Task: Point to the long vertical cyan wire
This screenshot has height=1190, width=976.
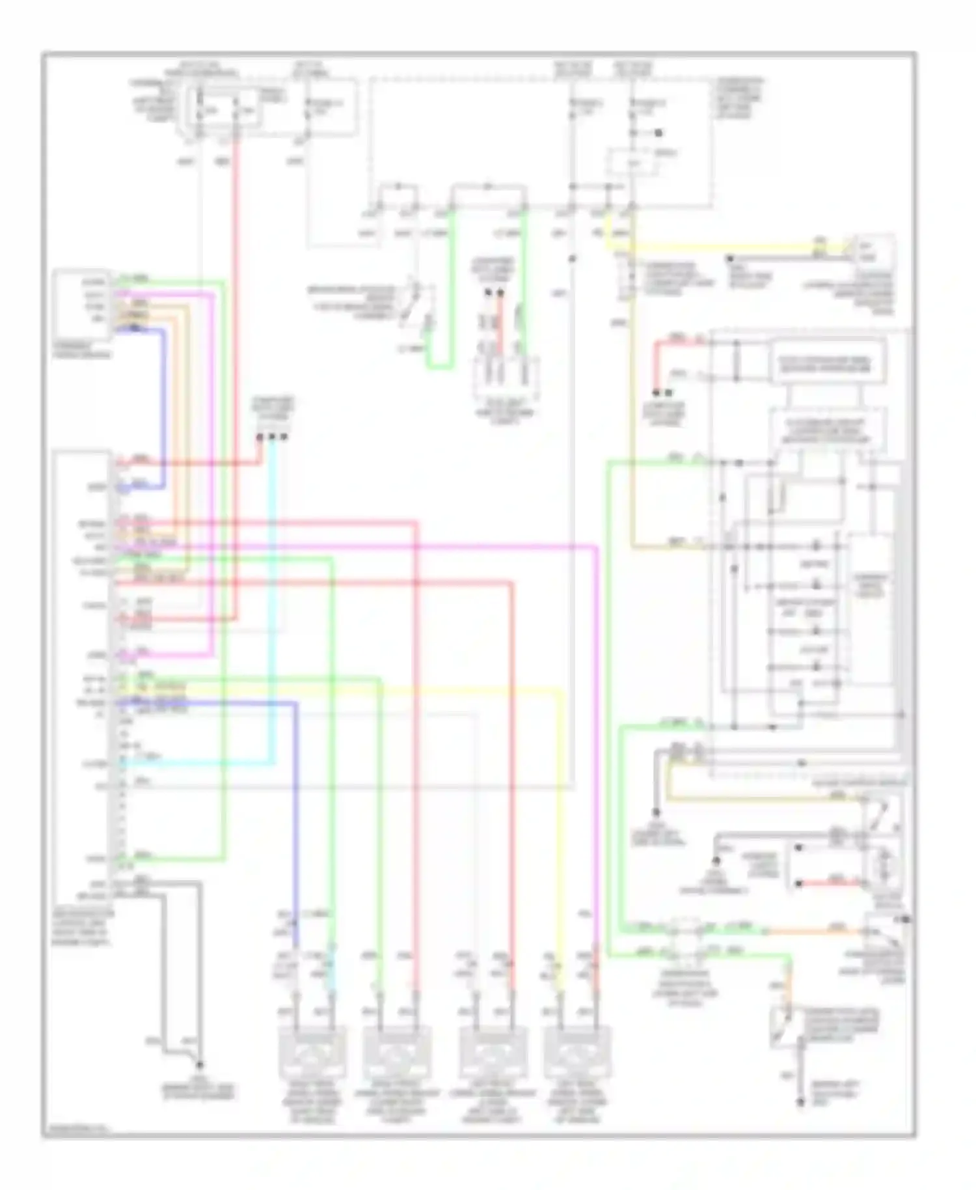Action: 272,599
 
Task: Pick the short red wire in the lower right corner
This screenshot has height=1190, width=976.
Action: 830,883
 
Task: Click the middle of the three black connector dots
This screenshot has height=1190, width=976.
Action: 272,437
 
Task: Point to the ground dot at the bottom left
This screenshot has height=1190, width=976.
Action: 199,1065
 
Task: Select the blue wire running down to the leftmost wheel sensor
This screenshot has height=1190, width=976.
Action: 296,814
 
